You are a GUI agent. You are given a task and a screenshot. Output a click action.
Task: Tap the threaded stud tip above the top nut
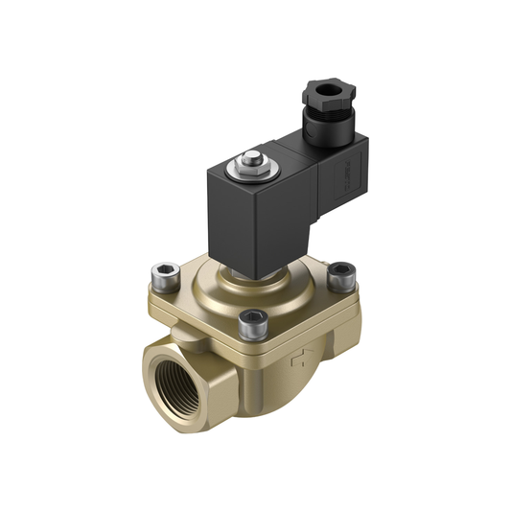(x=252, y=155)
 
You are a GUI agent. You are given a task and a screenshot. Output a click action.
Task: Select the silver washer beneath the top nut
(x=251, y=176)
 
